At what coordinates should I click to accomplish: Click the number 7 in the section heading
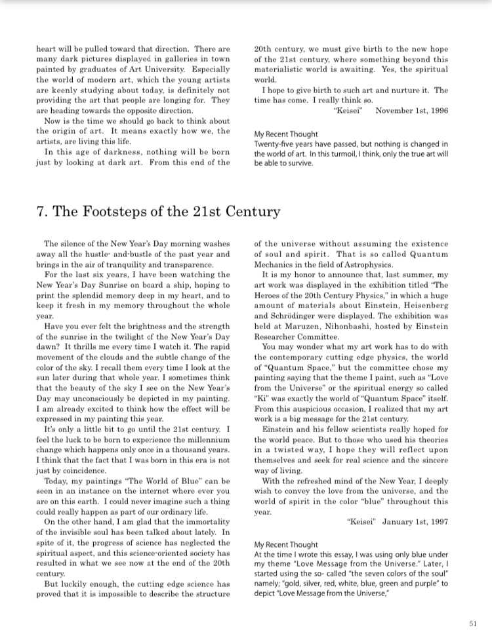point(41,212)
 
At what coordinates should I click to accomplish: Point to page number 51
point(473,623)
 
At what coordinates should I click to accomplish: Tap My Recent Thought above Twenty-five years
point(286,134)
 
